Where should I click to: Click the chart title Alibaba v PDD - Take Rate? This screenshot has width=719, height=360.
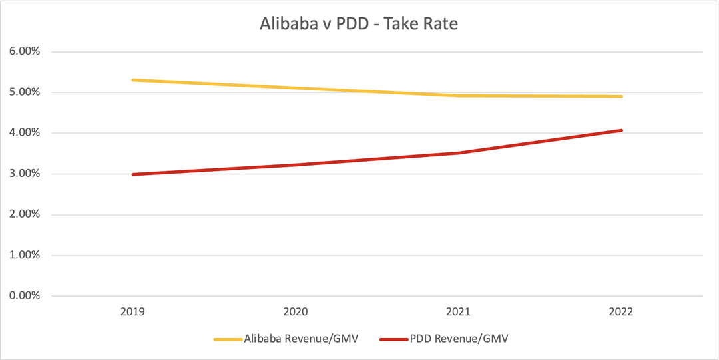[x=359, y=25]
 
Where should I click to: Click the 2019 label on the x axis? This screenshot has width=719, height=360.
[x=133, y=311]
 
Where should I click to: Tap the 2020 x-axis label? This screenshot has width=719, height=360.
[x=296, y=311]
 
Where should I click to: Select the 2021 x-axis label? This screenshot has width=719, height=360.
[x=458, y=311]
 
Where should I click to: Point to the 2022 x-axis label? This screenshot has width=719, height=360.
[x=621, y=311]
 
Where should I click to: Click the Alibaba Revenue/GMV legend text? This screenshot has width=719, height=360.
[x=301, y=339]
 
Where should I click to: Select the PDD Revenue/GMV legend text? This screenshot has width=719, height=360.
[x=464, y=339]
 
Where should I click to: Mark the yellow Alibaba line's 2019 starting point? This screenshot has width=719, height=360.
[x=133, y=80]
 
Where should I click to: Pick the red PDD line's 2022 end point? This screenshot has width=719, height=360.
[x=621, y=130]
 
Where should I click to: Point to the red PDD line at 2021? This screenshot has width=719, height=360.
[x=458, y=153]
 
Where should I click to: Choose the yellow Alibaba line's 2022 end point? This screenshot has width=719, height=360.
[x=621, y=96]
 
